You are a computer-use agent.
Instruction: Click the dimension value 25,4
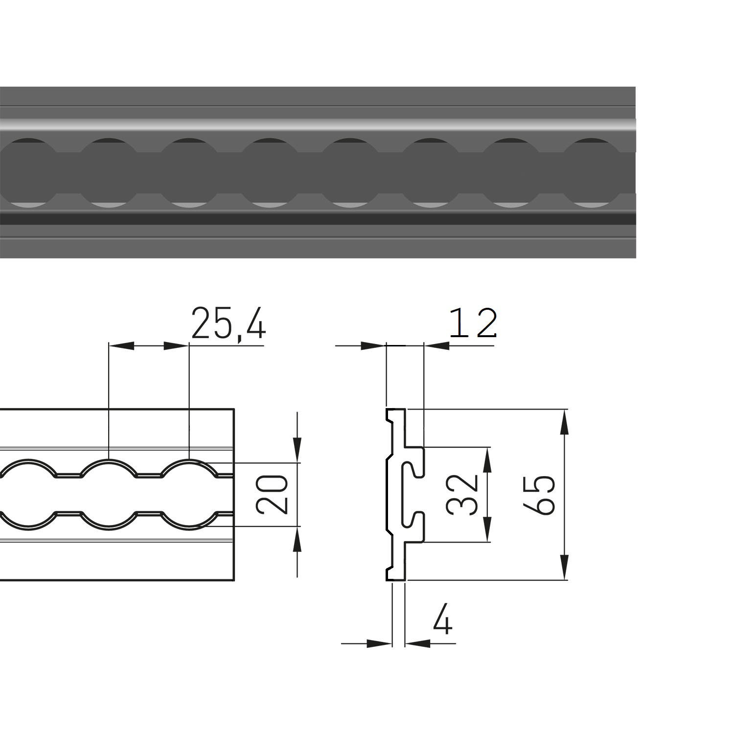[x=228, y=323]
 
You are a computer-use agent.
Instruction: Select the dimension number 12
[x=473, y=323]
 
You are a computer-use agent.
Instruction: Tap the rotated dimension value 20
[x=271, y=494]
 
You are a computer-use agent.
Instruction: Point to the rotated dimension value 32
[x=462, y=494]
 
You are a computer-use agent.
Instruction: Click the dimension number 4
[x=443, y=619]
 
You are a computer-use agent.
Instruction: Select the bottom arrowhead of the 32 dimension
[x=487, y=529]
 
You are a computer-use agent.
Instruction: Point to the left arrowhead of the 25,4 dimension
[x=120, y=345]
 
